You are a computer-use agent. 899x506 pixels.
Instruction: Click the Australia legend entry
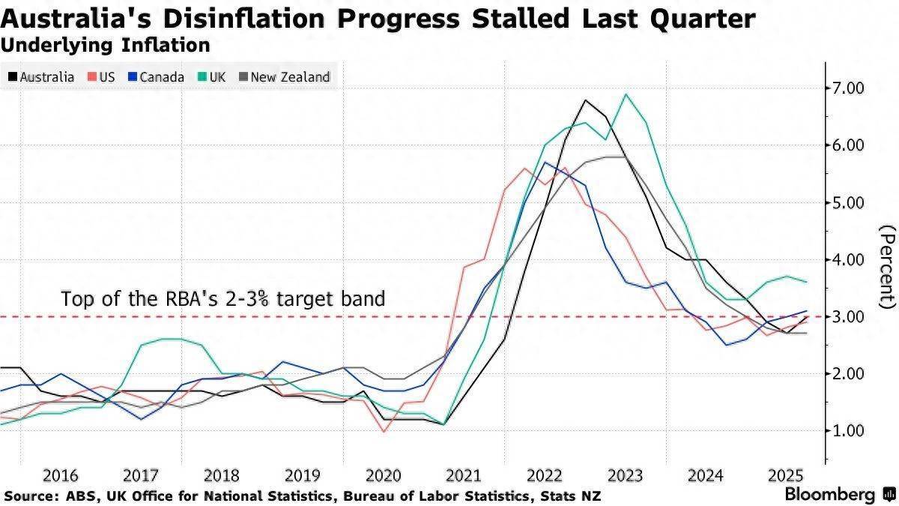(x=42, y=76)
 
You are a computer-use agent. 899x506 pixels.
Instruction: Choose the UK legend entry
(x=211, y=76)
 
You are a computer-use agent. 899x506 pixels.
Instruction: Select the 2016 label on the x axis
(x=61, y=475)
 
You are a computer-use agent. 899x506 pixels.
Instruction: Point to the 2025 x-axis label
(x=786, y=475)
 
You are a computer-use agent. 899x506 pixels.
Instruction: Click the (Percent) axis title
(x=887, y=277)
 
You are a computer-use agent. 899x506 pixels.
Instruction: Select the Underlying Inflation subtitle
(x=105, y=45)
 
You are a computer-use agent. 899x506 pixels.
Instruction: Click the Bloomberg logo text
(x=829, y=495)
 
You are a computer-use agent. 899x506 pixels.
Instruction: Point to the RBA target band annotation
(x=223, y=299)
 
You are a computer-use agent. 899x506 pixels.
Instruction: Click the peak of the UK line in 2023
(x=626, y=94)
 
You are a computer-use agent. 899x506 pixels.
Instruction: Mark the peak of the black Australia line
(x=585, y=100)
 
